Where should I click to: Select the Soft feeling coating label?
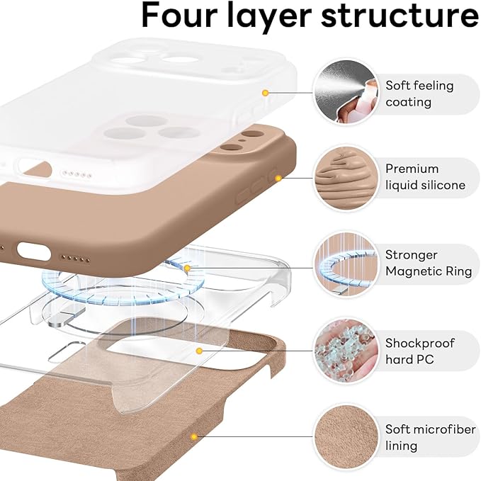419,94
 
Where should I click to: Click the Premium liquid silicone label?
425,177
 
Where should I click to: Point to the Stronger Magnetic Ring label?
421,263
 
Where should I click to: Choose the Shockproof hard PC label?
419,351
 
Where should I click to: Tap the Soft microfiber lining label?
421,438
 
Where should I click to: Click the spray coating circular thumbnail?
345,92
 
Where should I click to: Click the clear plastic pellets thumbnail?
345,351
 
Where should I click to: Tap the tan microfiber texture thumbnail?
345,437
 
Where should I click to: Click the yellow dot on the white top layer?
265,92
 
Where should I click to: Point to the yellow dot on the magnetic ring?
187,268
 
